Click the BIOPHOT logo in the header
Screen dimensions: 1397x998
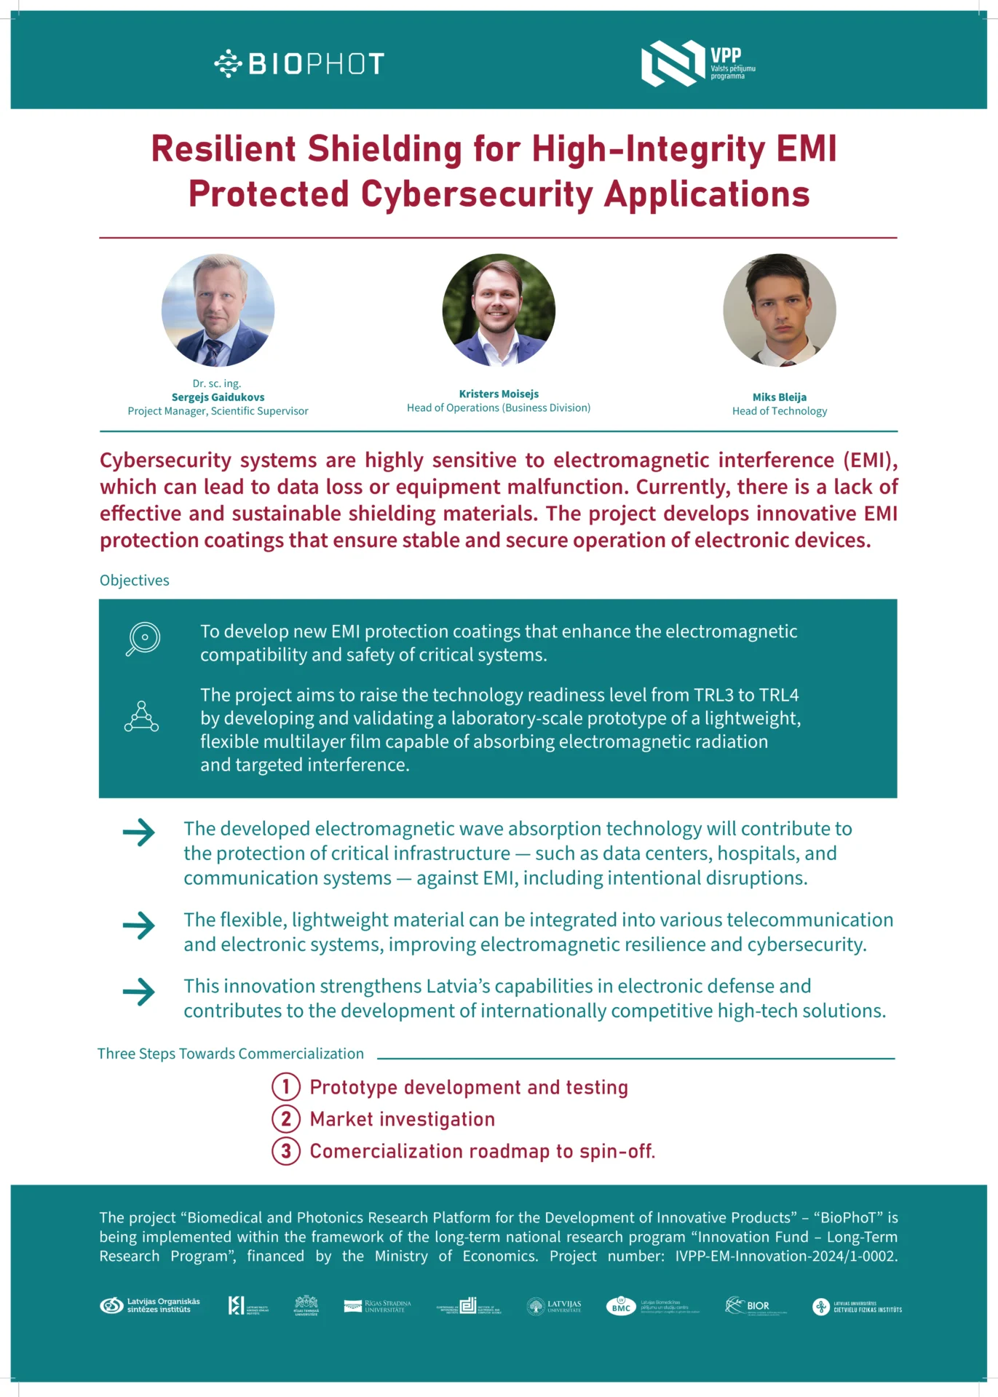click(299, 64)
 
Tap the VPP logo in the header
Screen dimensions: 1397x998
click(697, 63)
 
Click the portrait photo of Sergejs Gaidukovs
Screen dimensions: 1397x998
click(218, 310)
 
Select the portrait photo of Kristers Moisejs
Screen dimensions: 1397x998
click(499, 310)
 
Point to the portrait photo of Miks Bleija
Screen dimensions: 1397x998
click(779, 310)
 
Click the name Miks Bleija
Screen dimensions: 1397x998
click(779, 397)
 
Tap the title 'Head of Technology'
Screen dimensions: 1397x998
click(779, 411)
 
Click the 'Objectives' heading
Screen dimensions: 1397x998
click(135, 581)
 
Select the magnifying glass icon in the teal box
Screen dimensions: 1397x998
click(143, 639)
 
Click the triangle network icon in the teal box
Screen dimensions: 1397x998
click(141, 716)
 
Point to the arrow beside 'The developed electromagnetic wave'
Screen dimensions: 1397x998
click(139, 832)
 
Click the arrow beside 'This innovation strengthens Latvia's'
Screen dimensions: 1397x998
click(139, 992)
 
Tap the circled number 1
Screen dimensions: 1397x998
click(286, 1087)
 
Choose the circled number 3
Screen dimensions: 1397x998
click(286, 1151)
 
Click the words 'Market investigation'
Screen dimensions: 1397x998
click(402, 1119)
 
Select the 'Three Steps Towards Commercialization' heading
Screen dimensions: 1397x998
click(231, 1054)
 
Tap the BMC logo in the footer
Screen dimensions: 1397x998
click(621, 1306)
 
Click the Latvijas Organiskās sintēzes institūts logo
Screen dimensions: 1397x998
click(150, 1305)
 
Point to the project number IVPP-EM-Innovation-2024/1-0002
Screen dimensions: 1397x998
click(786, 1257)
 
